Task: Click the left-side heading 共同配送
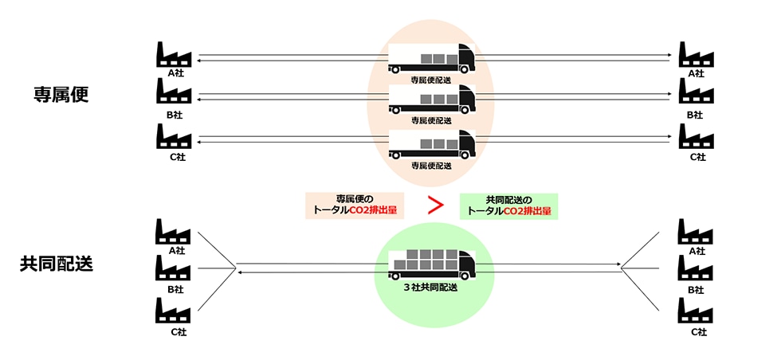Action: click(57, 264)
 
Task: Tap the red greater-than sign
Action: click(436, 205)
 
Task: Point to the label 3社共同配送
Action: click(431, 288)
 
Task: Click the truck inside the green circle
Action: click(432, 264)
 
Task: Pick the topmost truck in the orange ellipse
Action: click(431, 59)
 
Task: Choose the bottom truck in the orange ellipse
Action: click(431, 145)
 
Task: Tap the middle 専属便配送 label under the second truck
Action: click(431, 120)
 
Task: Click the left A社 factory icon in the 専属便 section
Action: click(174, 54)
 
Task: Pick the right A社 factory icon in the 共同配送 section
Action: click(696, 232)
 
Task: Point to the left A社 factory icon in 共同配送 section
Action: click(174, 232)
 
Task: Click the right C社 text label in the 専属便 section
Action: click(697, 157)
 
